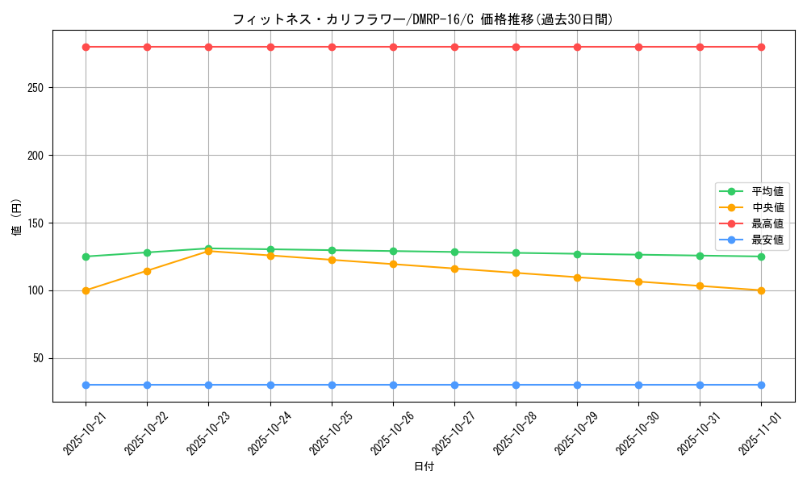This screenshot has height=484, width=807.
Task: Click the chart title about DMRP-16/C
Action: (x=422, y=19)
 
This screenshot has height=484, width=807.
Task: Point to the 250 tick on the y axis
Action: (x=35, y=88)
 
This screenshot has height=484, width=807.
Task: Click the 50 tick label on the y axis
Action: (x=38, y=358)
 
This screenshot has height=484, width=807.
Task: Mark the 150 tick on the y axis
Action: (x=35, y=223)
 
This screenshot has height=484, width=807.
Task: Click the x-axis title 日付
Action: (x=424, y=467)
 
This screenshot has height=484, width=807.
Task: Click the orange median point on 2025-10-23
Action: (x=208, y=251)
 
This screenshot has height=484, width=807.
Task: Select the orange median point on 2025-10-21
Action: (x=86, y=290)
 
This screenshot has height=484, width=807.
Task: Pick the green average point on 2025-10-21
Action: (x=86, y=257)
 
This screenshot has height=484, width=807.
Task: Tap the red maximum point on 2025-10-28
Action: (x=516, y=47)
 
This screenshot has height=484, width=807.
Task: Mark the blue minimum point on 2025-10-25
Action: (x=332, y=385)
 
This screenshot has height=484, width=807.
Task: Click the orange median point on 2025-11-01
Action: (x=761, y=290)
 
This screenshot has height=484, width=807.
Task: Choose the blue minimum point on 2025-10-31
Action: (x=700, y=385)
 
